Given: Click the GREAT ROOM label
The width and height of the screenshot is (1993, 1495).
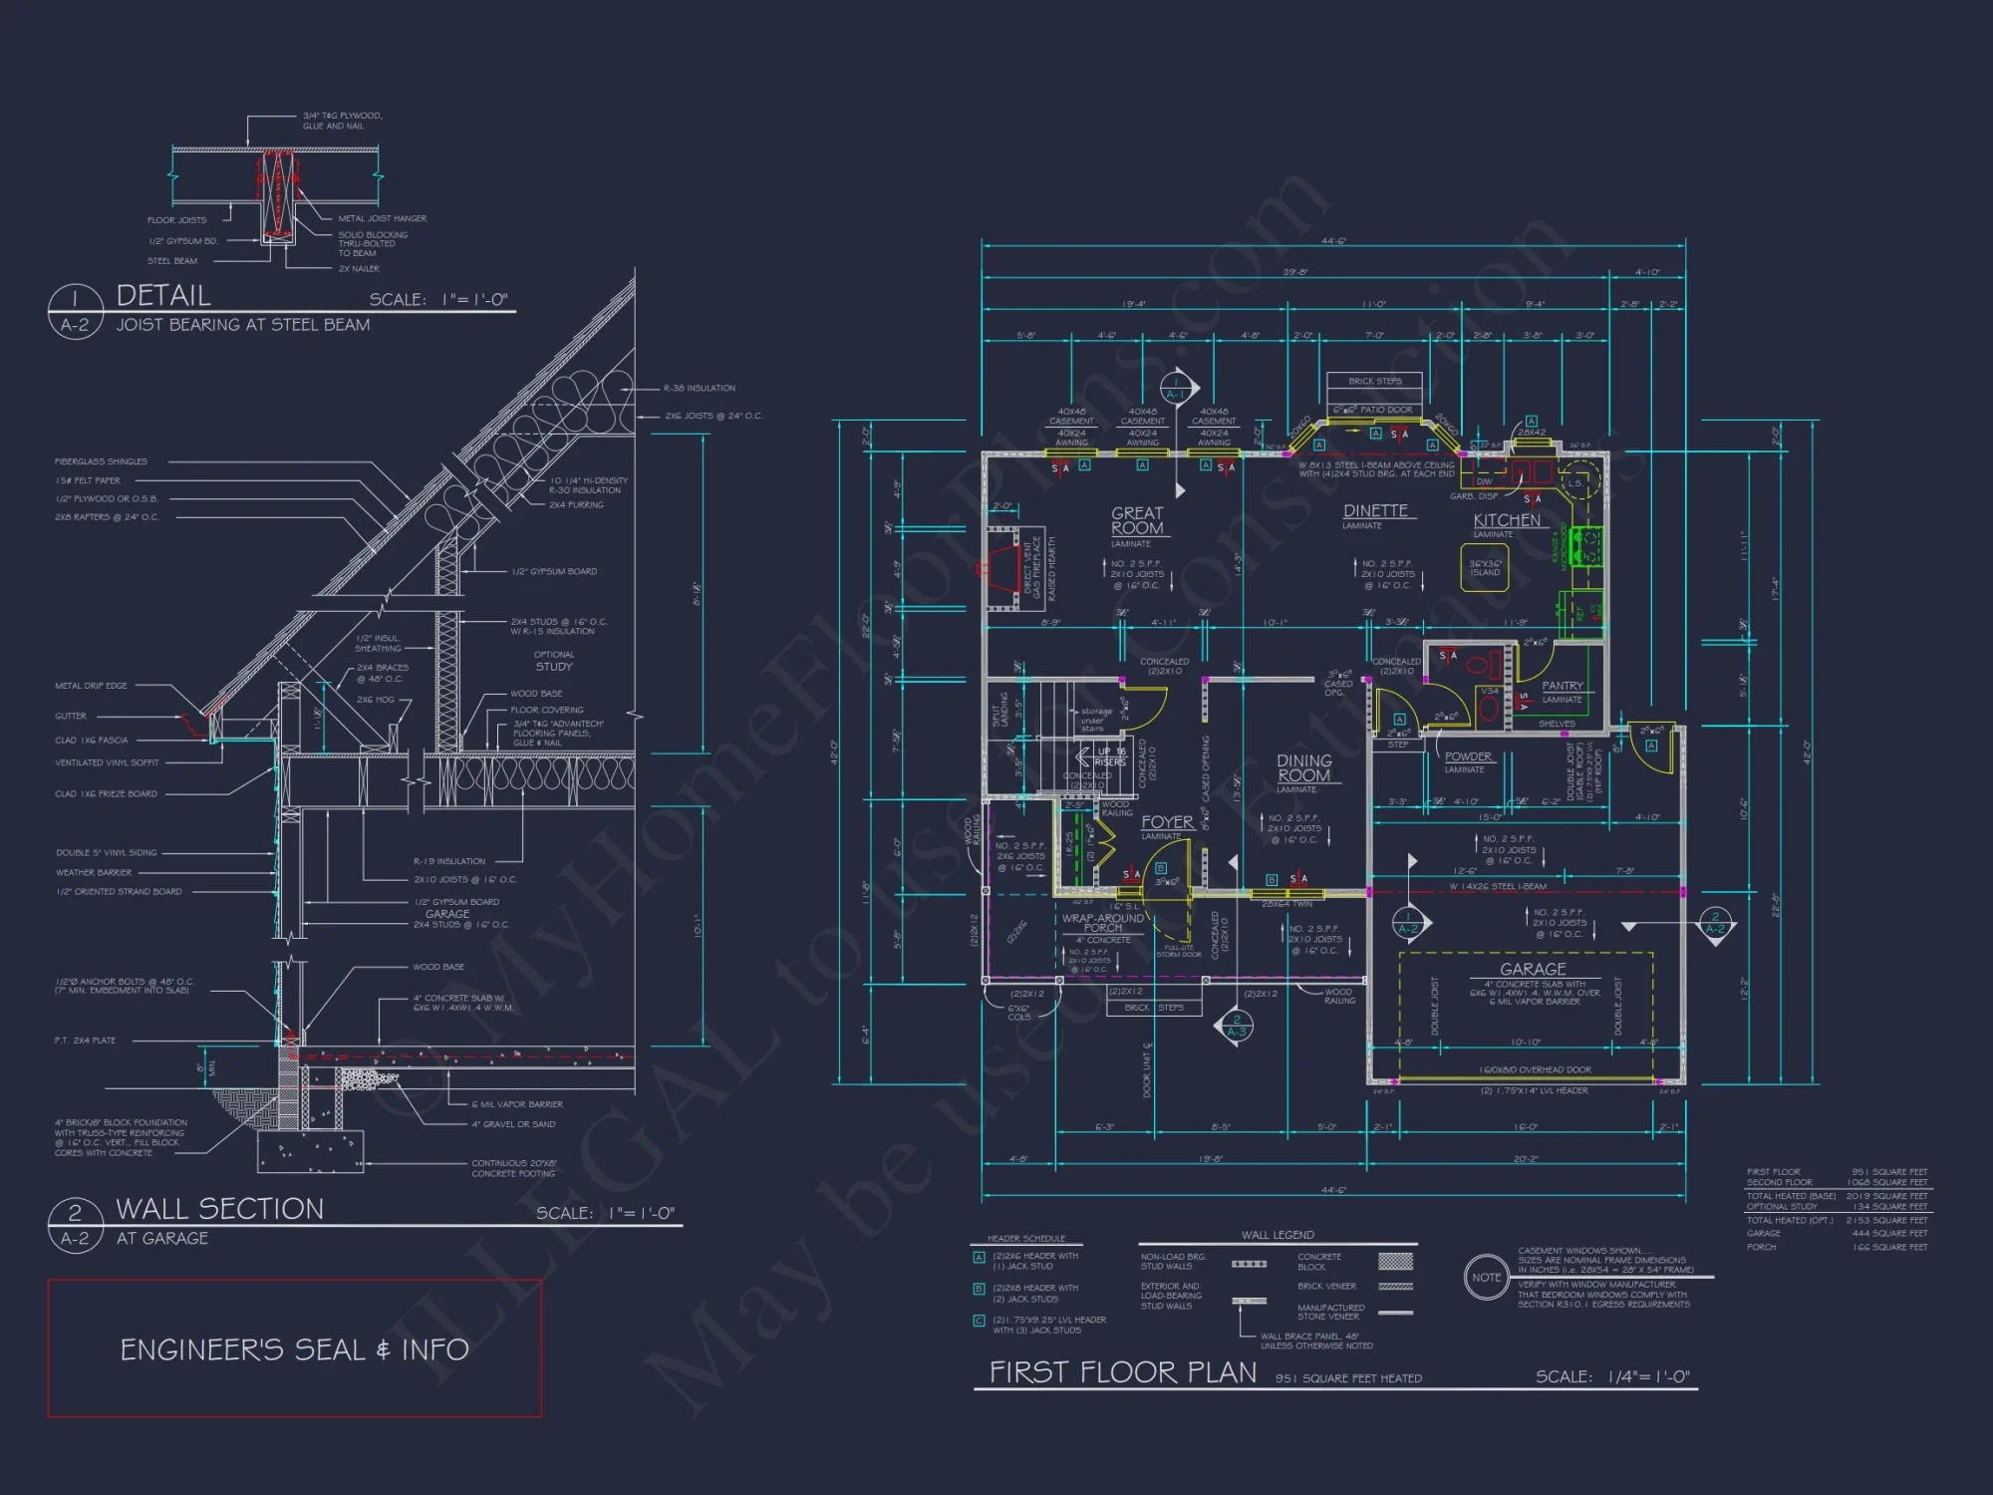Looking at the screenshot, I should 1137,520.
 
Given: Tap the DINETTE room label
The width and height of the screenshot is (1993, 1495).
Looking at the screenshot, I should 1375,510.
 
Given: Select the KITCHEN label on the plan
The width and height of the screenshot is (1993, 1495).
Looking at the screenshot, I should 1507,520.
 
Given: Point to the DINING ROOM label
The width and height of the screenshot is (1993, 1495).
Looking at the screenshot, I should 1303,767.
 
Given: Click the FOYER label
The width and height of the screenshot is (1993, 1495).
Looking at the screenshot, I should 1167,822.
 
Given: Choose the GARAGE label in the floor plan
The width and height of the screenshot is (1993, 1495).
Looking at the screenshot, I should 1533,969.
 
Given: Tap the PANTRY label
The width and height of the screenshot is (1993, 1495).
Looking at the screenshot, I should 1562,686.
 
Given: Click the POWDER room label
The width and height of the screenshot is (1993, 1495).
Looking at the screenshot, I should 1468,756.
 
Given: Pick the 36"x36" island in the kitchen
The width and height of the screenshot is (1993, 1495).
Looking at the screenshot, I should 1485,568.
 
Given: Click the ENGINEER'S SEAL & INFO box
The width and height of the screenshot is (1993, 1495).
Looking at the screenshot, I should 294,1348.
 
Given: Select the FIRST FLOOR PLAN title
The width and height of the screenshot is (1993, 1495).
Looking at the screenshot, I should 1123,1372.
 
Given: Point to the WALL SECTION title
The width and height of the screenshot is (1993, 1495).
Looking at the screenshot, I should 220,1209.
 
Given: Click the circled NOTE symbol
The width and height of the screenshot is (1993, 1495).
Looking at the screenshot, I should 1486,1277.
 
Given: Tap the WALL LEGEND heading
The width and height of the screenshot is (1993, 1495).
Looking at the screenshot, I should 1278,1235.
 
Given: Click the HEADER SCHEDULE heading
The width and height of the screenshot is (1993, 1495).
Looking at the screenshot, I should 1026,1238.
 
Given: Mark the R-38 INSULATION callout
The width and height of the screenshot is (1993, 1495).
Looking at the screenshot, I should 700,389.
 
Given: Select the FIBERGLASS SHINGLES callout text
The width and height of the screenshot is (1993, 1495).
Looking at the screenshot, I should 101,461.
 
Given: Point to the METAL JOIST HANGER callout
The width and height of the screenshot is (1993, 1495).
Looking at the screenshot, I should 382,218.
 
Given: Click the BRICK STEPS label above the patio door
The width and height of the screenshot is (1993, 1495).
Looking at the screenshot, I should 1374,381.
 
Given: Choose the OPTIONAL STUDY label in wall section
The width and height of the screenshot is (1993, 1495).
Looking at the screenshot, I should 554,661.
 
